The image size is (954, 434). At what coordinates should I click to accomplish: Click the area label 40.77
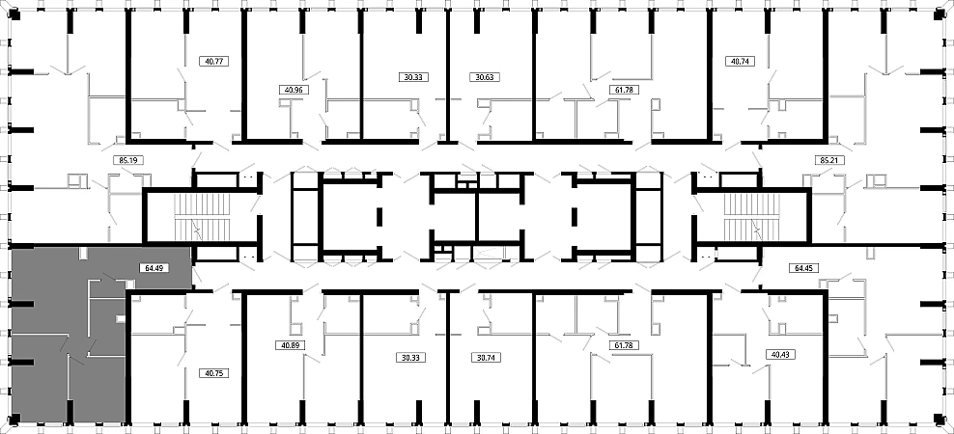[214, 61]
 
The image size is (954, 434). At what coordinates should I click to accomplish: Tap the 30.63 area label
[485, 77]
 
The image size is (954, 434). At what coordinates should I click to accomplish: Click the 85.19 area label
[127, 161]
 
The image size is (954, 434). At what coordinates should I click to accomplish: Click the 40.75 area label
[214, 373]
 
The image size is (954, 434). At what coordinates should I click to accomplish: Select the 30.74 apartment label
[485, 358]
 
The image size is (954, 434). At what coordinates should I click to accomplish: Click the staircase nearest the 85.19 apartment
[204, 217]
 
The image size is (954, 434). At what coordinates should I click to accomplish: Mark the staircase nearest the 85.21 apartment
[752, 217]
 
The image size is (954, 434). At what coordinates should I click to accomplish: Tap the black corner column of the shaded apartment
[16, 418]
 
